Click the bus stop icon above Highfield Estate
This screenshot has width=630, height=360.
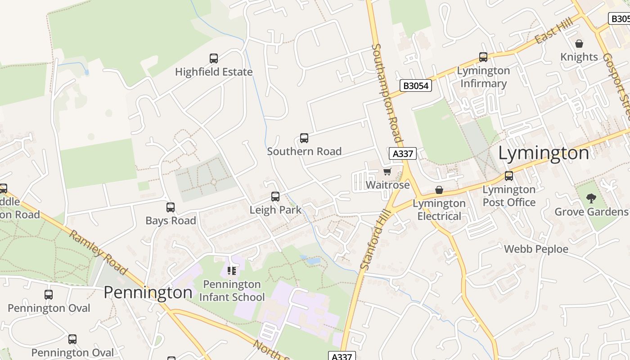[214, 58]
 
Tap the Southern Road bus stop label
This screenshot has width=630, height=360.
[304, 152]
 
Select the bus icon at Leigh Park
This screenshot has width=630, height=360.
[275, 197]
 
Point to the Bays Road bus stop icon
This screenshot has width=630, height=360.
[171, 207]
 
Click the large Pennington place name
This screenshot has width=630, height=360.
[148, 292]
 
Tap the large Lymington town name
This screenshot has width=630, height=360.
[543, 153]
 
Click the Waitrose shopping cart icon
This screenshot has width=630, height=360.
[387, 172]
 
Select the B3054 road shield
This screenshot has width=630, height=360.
[415, 85]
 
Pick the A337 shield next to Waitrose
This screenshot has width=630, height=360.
[402, 153]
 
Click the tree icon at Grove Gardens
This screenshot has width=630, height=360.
[591, 198]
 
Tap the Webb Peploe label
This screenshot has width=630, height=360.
[536, 249]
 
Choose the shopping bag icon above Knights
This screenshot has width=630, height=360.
[579, 44]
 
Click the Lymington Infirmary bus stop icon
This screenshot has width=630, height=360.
[483, 57]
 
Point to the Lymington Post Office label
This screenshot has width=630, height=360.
[509, 196]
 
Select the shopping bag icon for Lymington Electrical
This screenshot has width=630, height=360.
[439, 190]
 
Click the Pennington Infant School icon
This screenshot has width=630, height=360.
[232, 271]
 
